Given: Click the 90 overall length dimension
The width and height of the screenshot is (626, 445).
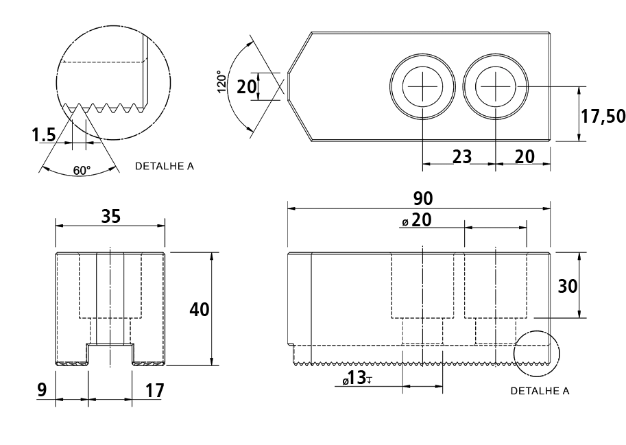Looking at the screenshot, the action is click(x=423, y=198).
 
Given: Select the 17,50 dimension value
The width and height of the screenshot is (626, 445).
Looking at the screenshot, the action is click(x=603, y=116).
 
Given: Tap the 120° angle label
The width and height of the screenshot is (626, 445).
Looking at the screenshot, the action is click(x=222, y=82).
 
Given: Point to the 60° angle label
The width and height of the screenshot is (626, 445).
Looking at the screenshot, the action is click(x=82, y=171).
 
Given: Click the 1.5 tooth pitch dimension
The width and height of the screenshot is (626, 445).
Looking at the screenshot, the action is click(x=44, y=135).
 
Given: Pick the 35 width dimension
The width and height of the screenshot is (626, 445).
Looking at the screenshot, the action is click(x=110, y=216).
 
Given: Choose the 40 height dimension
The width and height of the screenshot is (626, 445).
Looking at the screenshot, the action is click(x=200, y=309).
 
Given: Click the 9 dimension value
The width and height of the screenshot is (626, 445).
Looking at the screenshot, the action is click(x=42, y=390).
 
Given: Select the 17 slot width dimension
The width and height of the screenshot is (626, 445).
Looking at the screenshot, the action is click(x=154, y=391).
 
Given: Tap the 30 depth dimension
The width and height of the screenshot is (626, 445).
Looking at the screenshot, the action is click(x=567, y=286).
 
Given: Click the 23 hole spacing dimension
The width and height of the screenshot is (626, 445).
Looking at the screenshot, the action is click(x=462, y=156).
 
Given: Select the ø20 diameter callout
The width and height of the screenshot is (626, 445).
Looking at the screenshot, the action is click(x=417, y=220).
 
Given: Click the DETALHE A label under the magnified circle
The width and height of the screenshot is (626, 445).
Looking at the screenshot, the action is click(x=165, y=166).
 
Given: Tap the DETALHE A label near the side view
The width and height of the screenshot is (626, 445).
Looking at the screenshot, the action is click(x=540, y=391).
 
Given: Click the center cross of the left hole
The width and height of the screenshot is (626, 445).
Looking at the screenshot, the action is click(x=423, y=86).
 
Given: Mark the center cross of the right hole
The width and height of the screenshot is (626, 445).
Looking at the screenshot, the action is click(x=496, y=86).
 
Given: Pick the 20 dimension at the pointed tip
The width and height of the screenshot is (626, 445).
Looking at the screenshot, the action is click(x=246, y=86).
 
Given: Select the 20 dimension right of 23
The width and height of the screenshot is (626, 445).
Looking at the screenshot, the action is click(x=525, y=156).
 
